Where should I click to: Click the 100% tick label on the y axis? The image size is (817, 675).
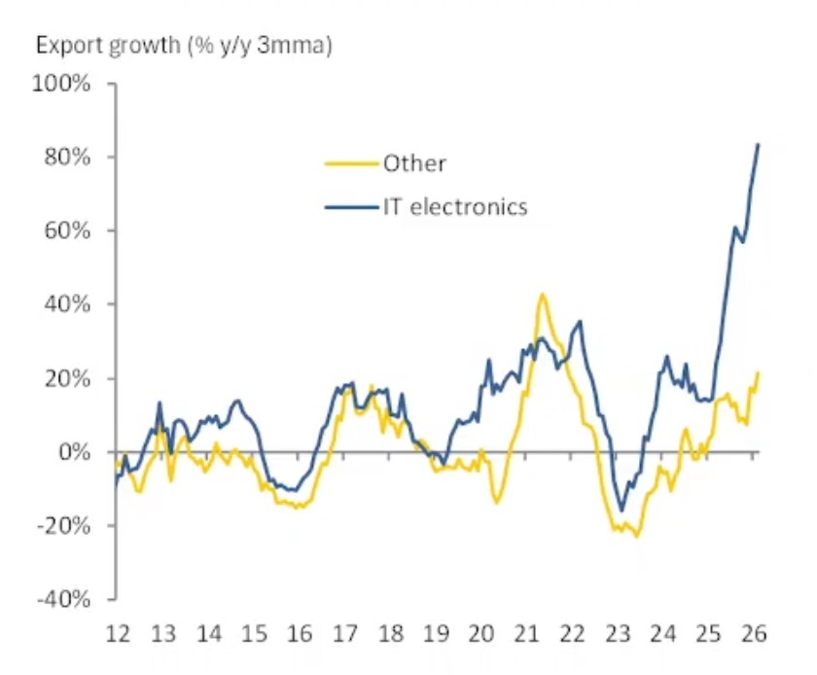click(63, 84)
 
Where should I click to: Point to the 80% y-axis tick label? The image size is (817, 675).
click(68, 158)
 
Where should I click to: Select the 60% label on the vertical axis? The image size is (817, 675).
click(68, 231)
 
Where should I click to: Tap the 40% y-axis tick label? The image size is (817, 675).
click(68, 304)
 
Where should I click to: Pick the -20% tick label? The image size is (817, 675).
click(64, 526)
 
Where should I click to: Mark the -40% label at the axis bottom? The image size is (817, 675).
click(64, 599)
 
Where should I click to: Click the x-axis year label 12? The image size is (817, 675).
click(118, 633)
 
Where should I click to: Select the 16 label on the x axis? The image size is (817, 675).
click(299, 633)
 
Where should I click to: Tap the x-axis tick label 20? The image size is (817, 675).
click(480, 633)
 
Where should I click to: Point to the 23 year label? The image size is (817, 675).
click(618, 633)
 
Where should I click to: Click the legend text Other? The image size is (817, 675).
click(414, 163)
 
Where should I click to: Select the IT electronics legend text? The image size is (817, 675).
click(455, 206)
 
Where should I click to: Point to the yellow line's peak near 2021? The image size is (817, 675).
click(542, 294)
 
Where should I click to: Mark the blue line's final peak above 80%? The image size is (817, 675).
click(758, 145)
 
